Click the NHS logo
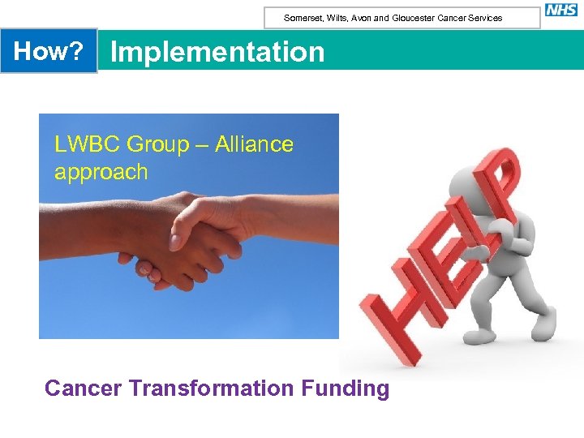(561, 10)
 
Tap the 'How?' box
(49, 51)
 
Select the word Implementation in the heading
(217, 52)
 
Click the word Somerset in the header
(302, 18)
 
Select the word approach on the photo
(101, 172)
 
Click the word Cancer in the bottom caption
(84, 389)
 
